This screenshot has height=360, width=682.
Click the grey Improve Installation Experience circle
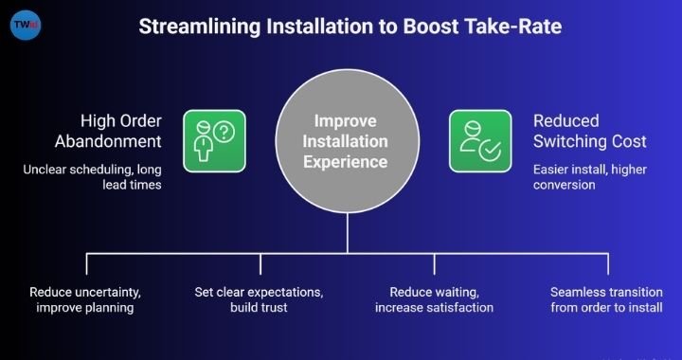[346, 142]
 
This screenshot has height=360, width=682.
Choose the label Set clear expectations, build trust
[260, 298]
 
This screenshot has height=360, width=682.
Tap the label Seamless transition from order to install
[606, 298]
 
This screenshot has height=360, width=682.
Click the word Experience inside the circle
[347, 162]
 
